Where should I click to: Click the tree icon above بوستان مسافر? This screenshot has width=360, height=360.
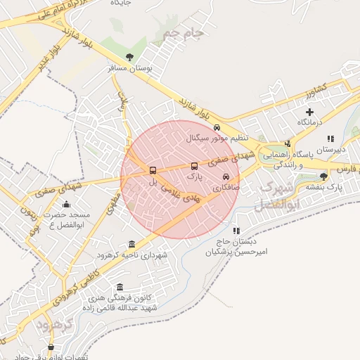coord(129,58)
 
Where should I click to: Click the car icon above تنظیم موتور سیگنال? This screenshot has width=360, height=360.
coord(217,128)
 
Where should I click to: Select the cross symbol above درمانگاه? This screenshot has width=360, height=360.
coord(309,112)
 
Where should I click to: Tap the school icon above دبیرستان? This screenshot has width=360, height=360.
coord(330,139)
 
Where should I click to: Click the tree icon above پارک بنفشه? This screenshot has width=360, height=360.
coord(323,176)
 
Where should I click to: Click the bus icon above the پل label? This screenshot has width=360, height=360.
coord(153,171)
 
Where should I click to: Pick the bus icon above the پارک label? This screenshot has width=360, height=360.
coord(194,167)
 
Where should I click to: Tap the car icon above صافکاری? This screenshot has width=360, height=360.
coord(226,177)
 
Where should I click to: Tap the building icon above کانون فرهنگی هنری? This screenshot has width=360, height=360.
coord(120,287)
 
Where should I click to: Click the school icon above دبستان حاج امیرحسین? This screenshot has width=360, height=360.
coord(236,230)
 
